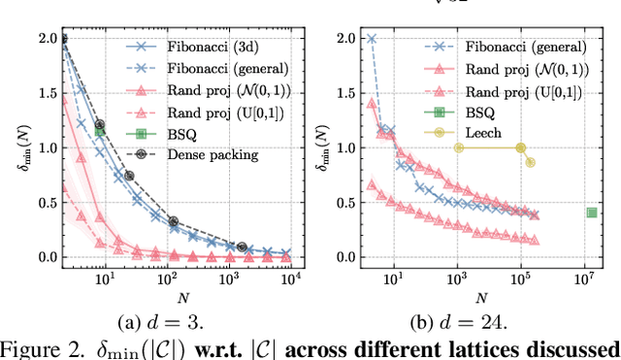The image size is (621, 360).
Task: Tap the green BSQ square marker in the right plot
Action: click(x=592, y=213)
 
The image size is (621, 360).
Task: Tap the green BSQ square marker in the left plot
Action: click(x=99, y=131)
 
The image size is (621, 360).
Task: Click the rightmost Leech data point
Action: click(x=530, y=162)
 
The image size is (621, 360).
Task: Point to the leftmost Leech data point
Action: click(x=458, y=147)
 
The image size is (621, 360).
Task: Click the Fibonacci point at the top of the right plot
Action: click(x=371, y=39)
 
